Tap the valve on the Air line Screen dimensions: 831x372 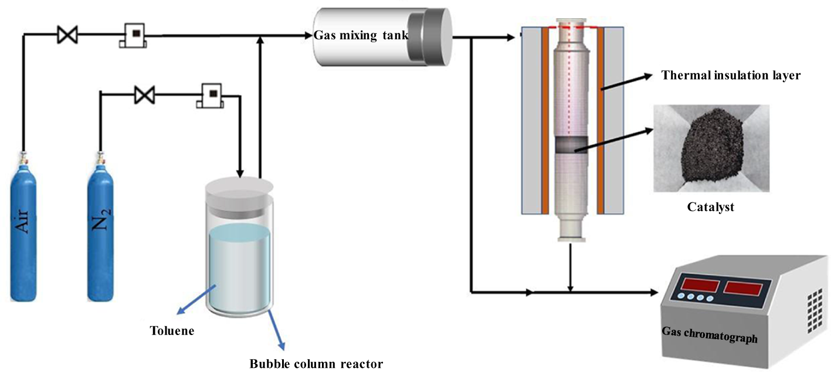[x=67, y=35]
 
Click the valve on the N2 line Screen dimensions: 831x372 [x=144, y=95]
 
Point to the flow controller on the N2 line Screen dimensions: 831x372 [x=211, y=96]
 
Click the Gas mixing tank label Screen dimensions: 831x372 [x=361, y=36]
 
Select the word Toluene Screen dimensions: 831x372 [x=172, y=331]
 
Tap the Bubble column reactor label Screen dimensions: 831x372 [x=316, y=363]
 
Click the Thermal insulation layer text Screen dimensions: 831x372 [x=731, y=75]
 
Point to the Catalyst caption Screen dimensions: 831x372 [x=710, y=207]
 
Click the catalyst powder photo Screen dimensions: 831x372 [x=711, y=148]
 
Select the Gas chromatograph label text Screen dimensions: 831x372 [x=710, y=335]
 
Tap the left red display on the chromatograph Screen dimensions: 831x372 [x=700, y=285]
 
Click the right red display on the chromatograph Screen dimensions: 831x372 [x=743, y=289]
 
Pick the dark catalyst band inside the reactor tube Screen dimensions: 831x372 [x=572, y=145]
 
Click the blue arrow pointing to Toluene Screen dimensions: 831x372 [x=196, y=300]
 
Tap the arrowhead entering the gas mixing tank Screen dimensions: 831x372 [x=308, y=36]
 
